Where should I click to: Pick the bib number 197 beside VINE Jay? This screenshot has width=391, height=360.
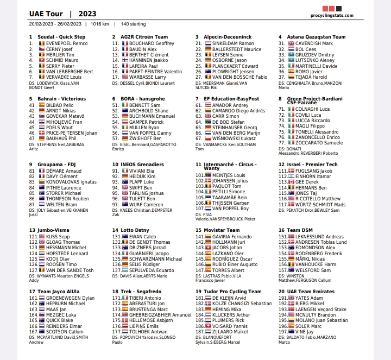(x=282, y=331)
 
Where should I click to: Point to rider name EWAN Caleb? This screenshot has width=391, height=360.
(x=143, y=236)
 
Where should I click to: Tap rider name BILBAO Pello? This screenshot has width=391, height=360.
(x=60, y=105)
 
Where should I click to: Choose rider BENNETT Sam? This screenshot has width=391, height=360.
(x=144, y=105)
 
